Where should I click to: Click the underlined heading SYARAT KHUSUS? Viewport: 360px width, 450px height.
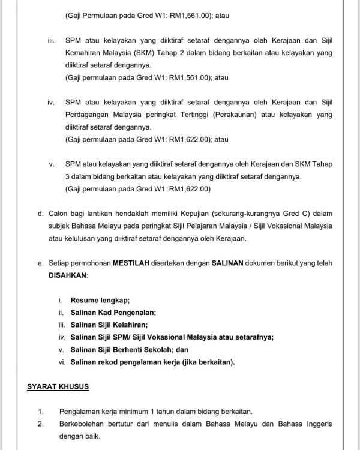[x=58, y=386]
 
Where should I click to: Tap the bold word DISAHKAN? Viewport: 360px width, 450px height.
[x=68, y=274]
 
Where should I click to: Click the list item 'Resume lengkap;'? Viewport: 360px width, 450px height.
[x=100, y=300]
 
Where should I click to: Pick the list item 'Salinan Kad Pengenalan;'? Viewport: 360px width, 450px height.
[x=113, y=312]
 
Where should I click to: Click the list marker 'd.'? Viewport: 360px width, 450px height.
[x=40, y=213]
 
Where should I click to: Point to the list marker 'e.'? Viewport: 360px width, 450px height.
[x=40, y=263]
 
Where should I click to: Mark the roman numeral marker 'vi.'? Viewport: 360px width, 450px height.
[x=62, y=362]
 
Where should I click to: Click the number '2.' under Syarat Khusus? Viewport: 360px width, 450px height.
[x=40, y=424]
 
